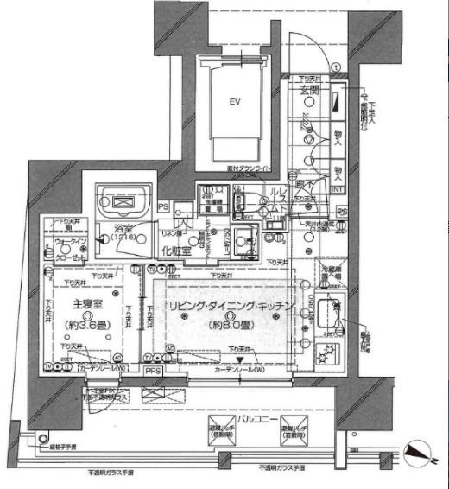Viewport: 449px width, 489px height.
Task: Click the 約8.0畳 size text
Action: (232, 325)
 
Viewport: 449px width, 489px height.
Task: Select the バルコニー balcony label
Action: (278, 419)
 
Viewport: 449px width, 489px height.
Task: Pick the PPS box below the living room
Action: (153, 372)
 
